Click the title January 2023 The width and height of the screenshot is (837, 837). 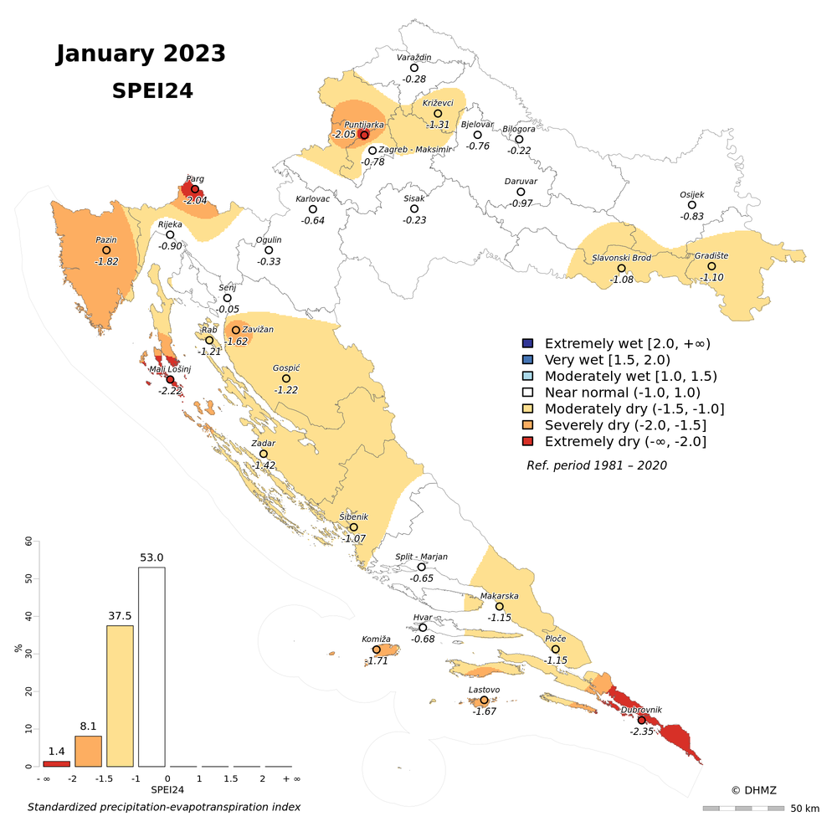coord(141,54)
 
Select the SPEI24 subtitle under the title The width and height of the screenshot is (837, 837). coord(152,91)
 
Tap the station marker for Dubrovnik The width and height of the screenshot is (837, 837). coord(642,720)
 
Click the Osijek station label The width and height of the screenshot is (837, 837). coord(691,194)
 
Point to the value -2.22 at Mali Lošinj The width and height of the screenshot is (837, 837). coord(170,391)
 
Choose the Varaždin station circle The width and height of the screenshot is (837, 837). coord(414,68)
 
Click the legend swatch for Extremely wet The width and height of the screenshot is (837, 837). coord(527,343)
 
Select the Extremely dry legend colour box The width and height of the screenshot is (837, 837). coord(527,441)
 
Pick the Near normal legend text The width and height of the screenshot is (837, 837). coord(622,393)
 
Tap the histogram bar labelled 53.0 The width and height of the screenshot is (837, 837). coord(151,666)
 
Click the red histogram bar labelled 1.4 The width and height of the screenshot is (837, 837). coord(56,763)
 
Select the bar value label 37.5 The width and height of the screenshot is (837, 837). coord(120,615)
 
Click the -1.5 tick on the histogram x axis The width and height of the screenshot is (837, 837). coord(104,778)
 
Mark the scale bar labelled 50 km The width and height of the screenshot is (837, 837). coord(743,808)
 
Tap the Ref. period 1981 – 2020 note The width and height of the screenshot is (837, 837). coord(597,465)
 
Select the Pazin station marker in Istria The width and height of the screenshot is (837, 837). coord(106,249)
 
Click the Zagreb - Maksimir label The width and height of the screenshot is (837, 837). coord(415,149)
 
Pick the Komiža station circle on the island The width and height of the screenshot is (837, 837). coord(377,650)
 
